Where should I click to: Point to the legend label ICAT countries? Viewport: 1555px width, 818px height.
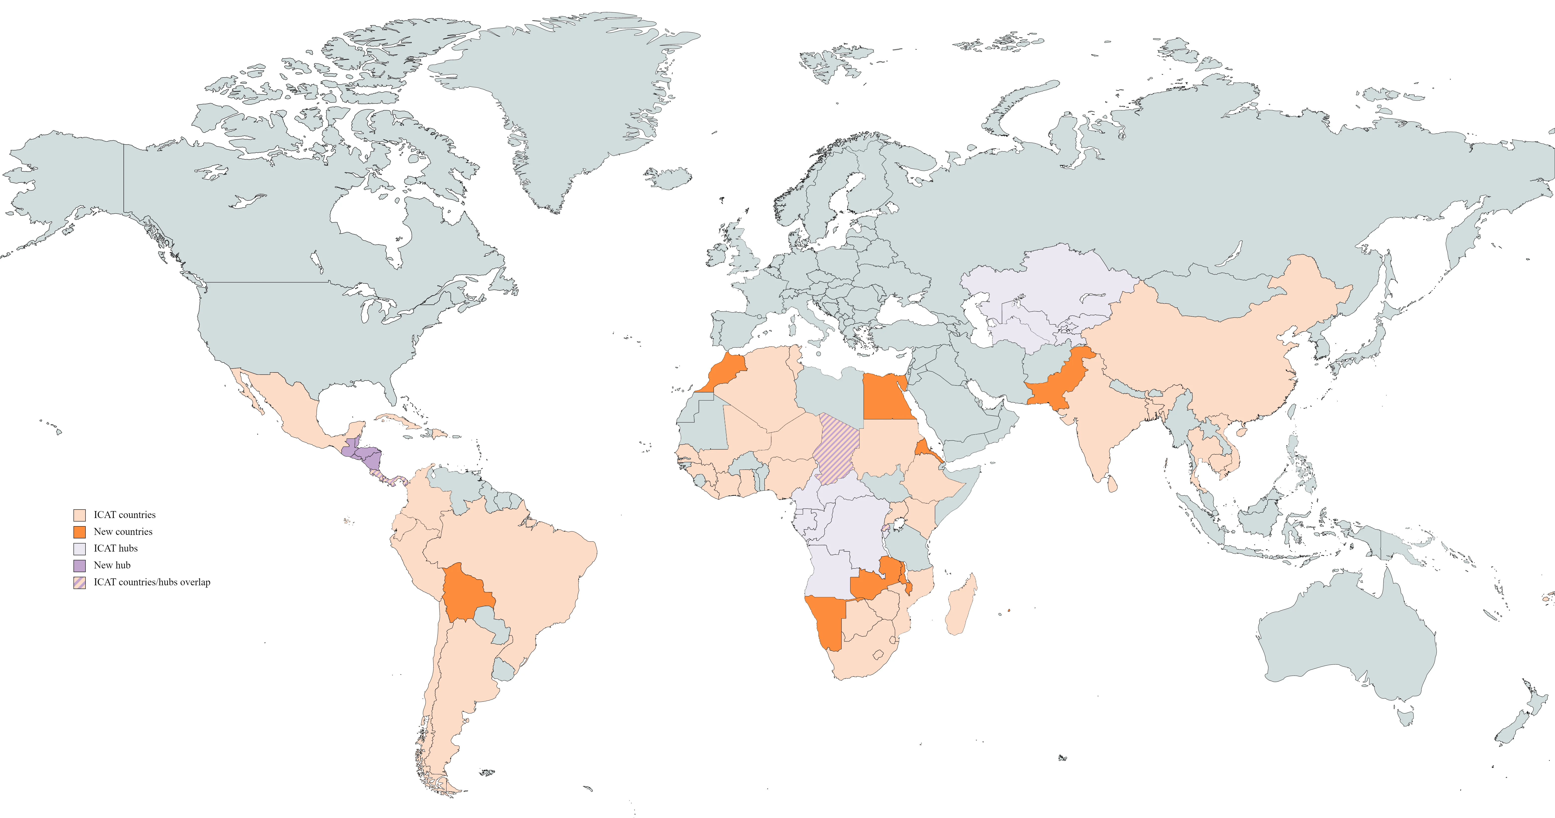pos(124,515)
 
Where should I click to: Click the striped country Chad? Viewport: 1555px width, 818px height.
pos(836,449)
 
